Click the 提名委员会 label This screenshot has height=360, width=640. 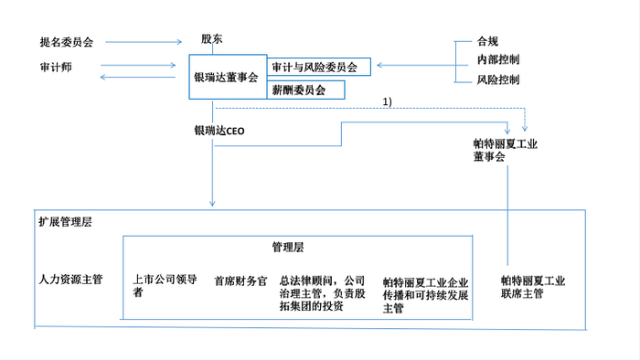67,42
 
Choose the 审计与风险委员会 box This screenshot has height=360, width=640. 314,67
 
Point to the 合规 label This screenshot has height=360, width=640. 487,41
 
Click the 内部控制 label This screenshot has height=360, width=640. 497,59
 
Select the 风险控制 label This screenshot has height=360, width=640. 497,79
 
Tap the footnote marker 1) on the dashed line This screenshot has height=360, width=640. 387,101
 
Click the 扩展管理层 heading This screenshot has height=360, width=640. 65,221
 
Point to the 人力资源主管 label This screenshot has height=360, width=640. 70,280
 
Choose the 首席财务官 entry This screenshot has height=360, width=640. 240,281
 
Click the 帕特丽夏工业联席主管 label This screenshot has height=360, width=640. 533,287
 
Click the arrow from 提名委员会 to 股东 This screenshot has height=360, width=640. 147,42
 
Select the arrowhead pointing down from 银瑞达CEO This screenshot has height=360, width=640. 212,201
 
